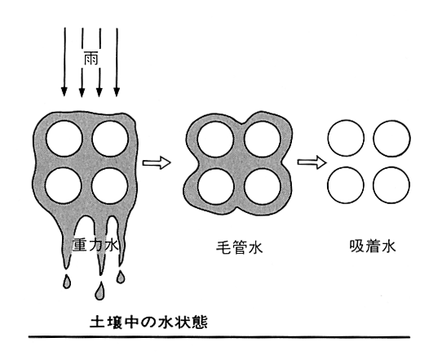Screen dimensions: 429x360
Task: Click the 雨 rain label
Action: pyautogui.click(x=91, y=59)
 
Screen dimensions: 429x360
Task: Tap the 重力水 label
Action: pyautogui.click(x=95, y=245)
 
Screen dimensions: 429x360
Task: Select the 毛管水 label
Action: pyautogui.click(x=240, y=248)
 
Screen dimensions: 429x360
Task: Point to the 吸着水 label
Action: pyautogui.click(x=373, y=247)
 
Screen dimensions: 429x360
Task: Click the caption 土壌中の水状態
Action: pyautogui.click(x=148, y=322)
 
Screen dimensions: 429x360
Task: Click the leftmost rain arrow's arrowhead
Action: pyautogui.click(x=64, y=92)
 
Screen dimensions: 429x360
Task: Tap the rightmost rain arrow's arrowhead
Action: pyautogui.click(x=117, y=92)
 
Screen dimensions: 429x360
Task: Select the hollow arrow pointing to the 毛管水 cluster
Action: pyautogui.click(x=157, y=163)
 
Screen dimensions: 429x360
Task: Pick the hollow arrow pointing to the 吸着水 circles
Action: pyautogui.click(x=312, y=162)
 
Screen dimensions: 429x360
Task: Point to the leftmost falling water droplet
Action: pyautogui.click(x=67, y=282)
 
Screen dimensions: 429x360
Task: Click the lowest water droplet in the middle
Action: pyautogui.click(x=100, y=291)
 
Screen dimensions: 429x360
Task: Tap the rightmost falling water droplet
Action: pyautogui.click(x=121, y=277)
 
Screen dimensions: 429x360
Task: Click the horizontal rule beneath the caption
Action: pyautogui.click(x=219, y=336)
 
